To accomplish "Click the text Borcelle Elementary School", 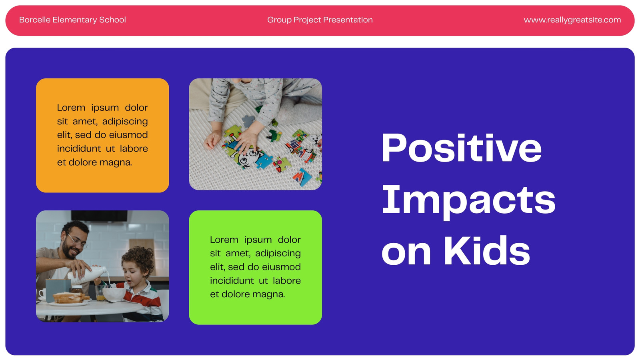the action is pos(72,20).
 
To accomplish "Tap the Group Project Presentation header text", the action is pos(320,20).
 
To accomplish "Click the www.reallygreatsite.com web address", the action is pos(572,20).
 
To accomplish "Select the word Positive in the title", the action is pos(462,148).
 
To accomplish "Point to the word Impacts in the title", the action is pos(468,202).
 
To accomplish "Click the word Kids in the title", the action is pos(487,250).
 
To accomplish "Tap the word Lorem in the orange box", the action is pos(71,108).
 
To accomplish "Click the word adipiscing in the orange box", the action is pos(125,122).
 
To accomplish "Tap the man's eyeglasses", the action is pos(77,242).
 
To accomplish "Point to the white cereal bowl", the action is pos(114,294).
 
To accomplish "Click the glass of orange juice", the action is pos(100,294).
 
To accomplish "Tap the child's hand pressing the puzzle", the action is pos(246,140).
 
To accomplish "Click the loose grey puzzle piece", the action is pos(248,120).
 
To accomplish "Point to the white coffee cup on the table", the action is pos(42,294).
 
